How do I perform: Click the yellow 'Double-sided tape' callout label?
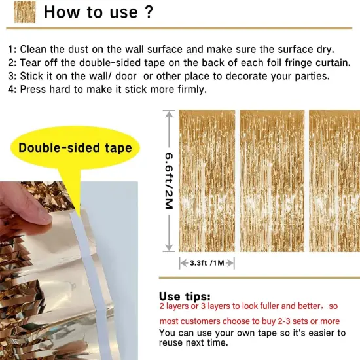75,147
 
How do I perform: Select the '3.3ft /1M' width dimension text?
207,262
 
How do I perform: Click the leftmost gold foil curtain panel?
207,181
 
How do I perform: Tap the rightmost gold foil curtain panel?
334,181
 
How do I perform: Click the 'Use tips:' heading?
185,296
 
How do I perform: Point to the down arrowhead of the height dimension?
168,249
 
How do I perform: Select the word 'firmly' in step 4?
189,89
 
